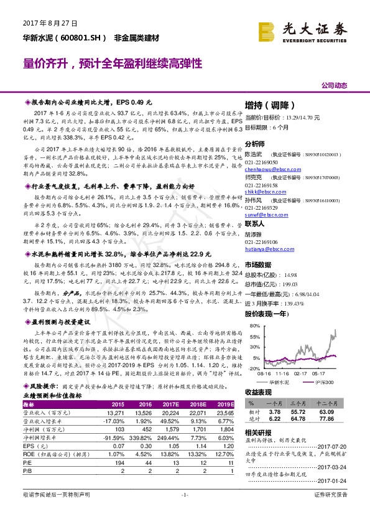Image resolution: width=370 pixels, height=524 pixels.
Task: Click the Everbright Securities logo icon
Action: (269, 30)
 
